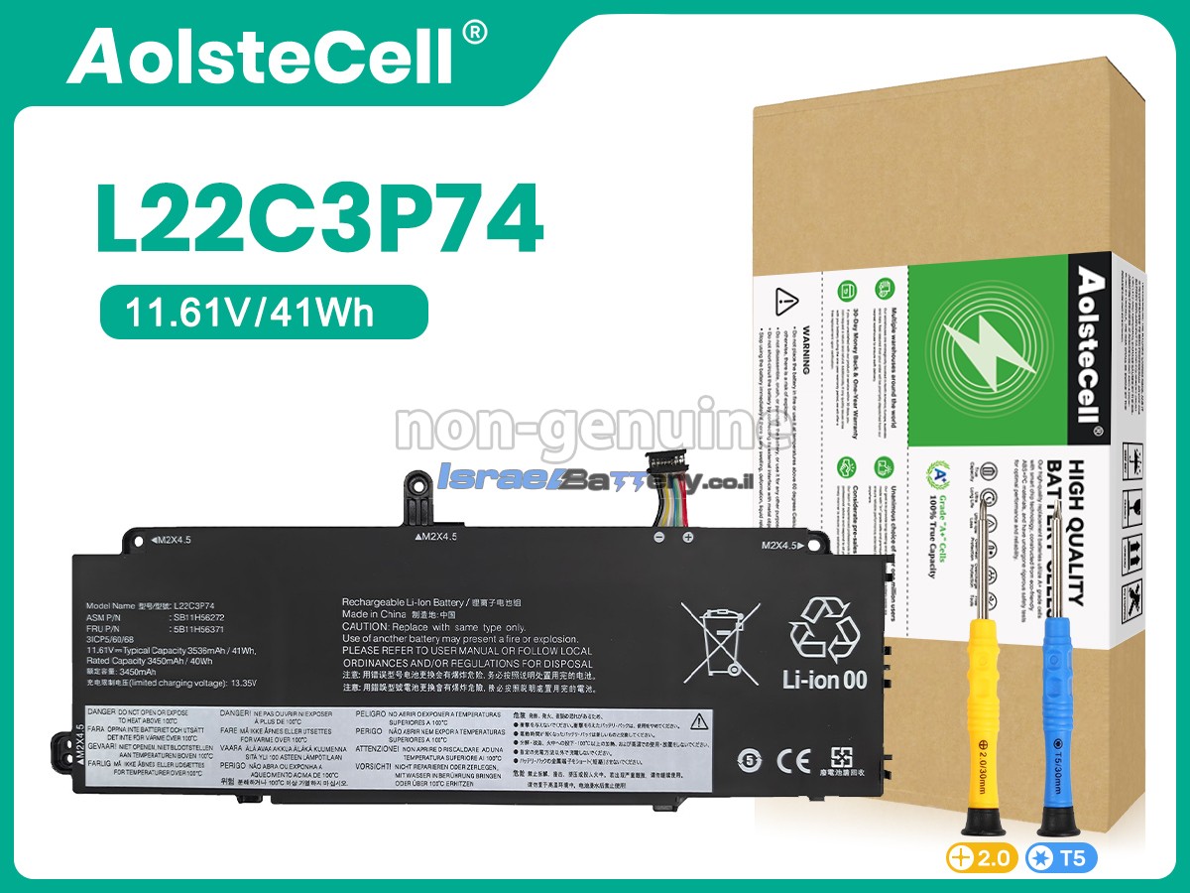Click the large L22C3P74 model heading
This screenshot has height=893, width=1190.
[x=319, y=219]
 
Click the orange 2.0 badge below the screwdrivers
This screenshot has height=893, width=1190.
[x=982, y=858]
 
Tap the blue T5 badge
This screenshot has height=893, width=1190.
[x=1061, y=858]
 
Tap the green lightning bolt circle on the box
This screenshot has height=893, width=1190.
[x=977, y=337]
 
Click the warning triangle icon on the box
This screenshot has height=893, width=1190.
[x=786, y=299]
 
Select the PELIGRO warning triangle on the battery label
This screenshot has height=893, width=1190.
[x=699, y=719]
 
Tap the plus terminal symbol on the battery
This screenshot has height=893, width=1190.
[x=686, y=538]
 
